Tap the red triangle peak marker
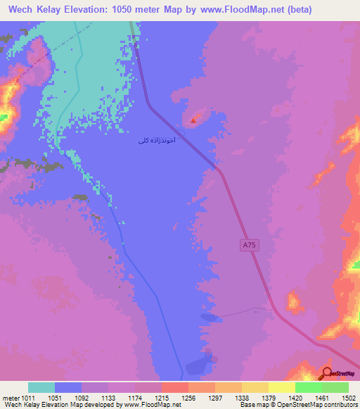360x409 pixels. point(193,120)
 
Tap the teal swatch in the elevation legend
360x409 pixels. point(41,387)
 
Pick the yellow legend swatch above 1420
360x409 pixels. point(281,387)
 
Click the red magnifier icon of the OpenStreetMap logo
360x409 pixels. point(326,373)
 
